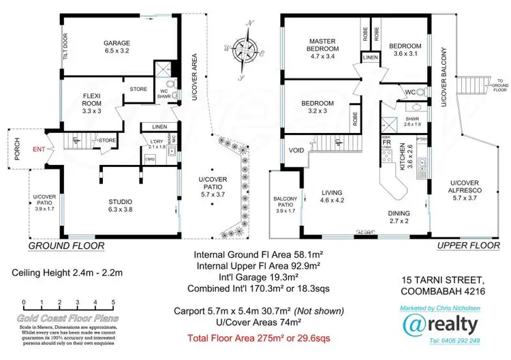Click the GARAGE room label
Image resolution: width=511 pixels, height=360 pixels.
[117, 46]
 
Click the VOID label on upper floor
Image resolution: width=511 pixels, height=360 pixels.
[296, 151]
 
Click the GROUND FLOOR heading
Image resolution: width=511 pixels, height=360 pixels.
[66, 245]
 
